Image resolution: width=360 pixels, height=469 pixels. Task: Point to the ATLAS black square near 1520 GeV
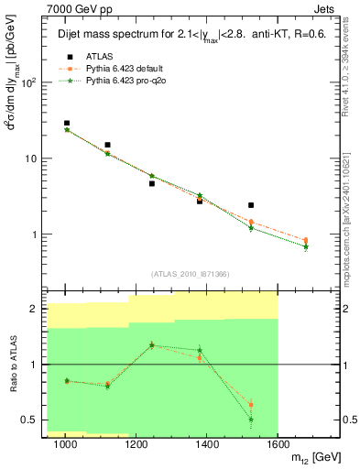click(x=251, y=205)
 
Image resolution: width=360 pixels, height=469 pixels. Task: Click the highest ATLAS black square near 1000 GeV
click(x=67, y=123)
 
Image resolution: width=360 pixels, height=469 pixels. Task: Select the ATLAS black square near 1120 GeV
click(x=108, y=145)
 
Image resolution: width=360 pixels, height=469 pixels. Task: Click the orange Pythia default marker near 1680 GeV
click(x=306, y=241)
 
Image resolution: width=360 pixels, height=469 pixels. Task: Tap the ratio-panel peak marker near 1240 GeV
click(x=152, y=345)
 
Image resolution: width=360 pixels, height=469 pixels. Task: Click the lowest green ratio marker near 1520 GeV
click(x=251, y=420)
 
